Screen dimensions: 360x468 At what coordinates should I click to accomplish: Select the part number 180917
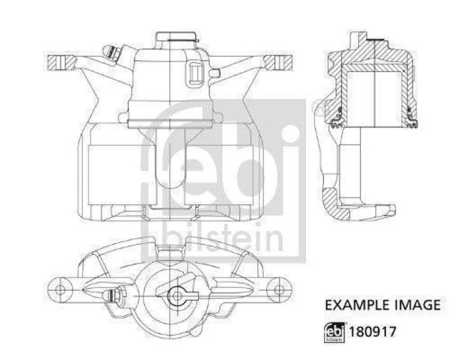click(373, 331)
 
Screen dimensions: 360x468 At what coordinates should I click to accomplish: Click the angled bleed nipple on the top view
click(111, 53)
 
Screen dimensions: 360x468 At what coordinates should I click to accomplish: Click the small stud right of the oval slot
click(214, 73)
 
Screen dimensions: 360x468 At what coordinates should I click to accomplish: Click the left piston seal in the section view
click(336, 122)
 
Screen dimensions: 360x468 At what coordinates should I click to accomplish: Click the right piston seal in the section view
click(411, 122)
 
